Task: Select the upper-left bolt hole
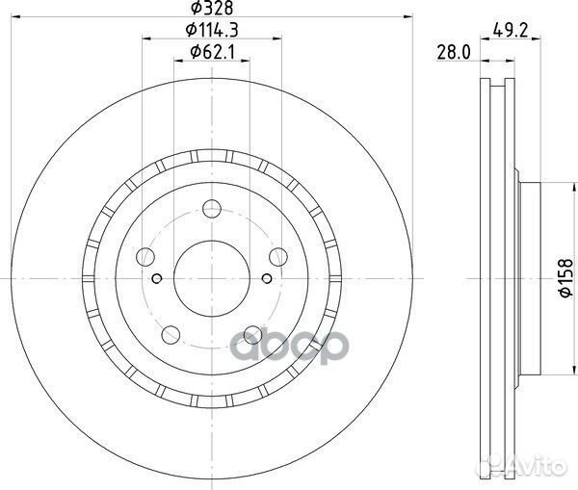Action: coord(146,256)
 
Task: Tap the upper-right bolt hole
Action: coord(279,255)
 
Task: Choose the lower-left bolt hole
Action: coord(172,334)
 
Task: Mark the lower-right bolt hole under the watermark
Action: coord(253,334)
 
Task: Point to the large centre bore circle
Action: coord(213,277)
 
